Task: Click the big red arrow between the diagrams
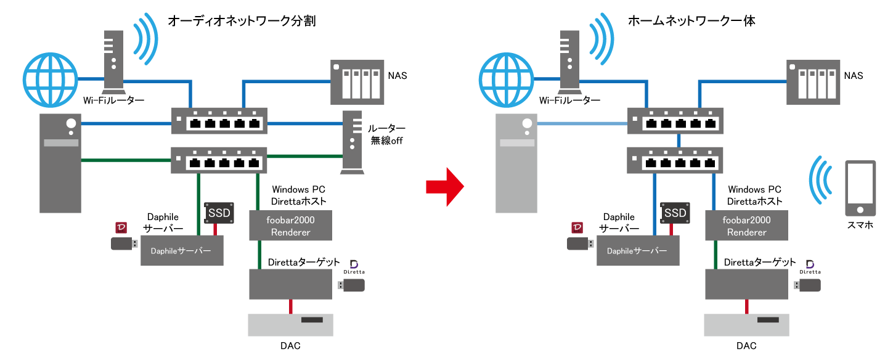pyautogui.click(x=445, y=185)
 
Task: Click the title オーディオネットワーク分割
pyautogui.click(x=242, y=21)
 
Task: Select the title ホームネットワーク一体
pyautogui.click(x=691, y=21)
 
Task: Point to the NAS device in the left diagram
pyautogui.click(x=355, y=81)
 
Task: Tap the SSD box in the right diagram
pyautogui.click(x=675, y=213)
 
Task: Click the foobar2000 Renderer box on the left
pyautogui.click(x=290, y=226)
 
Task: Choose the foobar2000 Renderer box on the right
pyautogui.click(x=746, y=226)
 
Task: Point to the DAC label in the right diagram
pyautogui.click(x=746, y=346)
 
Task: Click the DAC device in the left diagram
pyautogui.click(x=290, y=325)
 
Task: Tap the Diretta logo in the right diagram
pyautogui.click(x=809, y=267)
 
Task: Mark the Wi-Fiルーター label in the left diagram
pyautogui.click(x=117, y=100)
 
